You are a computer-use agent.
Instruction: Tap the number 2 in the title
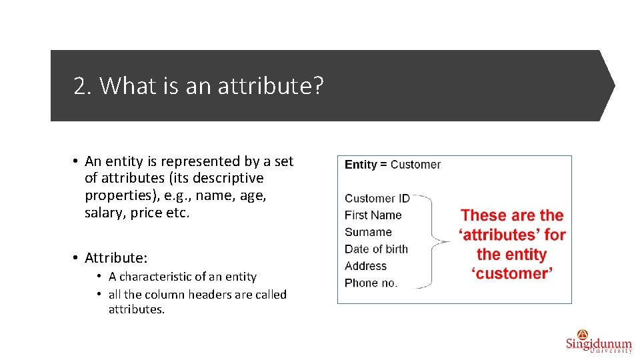(80, 86)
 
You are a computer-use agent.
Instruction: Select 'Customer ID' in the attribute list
(377, 198)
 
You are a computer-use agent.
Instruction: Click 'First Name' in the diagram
(373, 215)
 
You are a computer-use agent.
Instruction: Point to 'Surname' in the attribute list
(368, 232)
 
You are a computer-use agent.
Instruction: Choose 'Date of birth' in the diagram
(376, 249)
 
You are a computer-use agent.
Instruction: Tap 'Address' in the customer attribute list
(365, 265)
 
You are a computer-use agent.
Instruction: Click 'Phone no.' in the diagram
(371, 283)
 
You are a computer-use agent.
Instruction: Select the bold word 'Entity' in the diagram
(361, 165)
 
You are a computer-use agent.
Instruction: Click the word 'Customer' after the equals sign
(415, 165)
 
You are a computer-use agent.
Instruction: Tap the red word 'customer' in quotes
(512, 273)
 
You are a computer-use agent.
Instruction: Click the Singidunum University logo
(598, 341)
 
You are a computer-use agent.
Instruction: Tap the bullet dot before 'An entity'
(77, 161)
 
